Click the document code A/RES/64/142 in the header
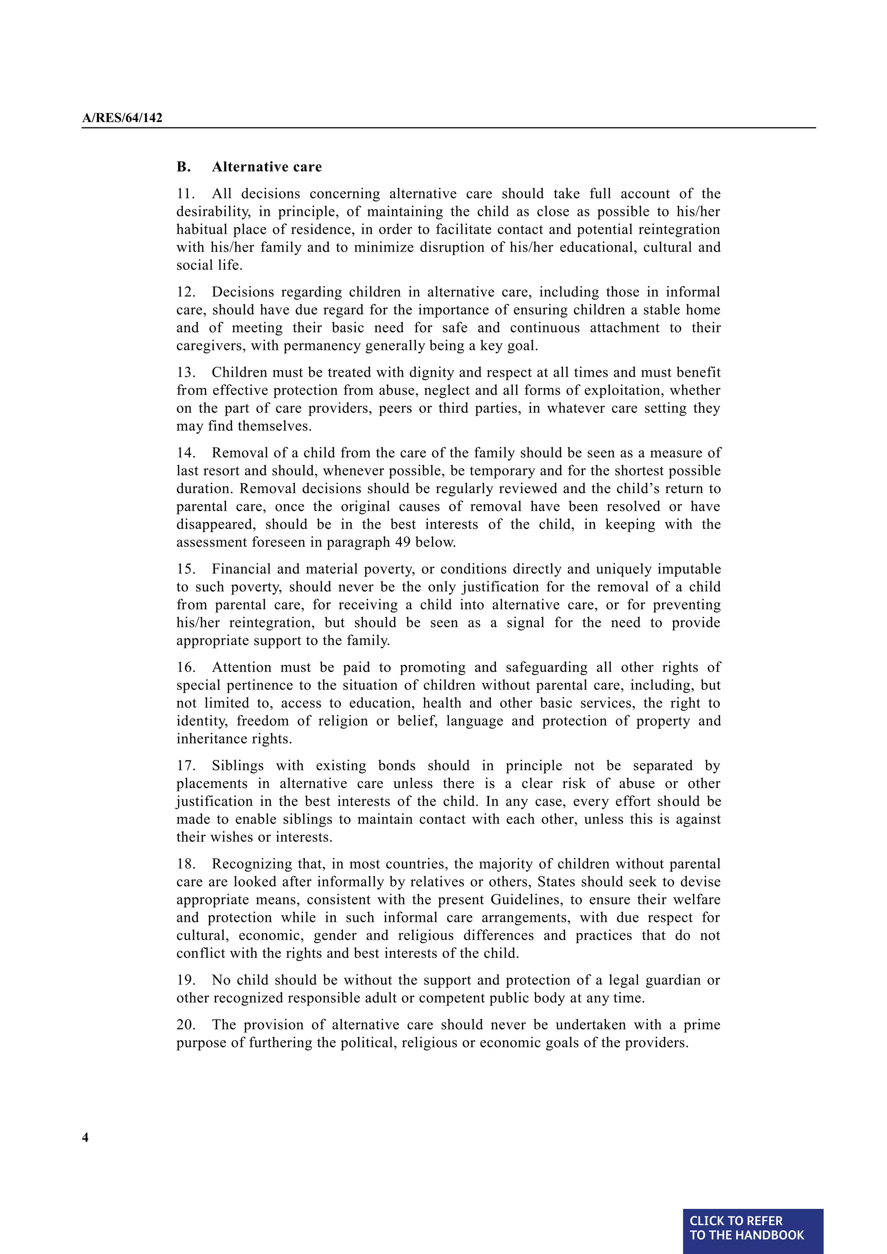122,118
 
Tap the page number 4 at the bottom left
85,1137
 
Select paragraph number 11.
185,194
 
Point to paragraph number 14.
185,453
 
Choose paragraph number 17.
185,766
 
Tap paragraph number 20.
185,1025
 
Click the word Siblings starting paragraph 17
238,766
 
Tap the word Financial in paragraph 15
240,569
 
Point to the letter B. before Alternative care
184,167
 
